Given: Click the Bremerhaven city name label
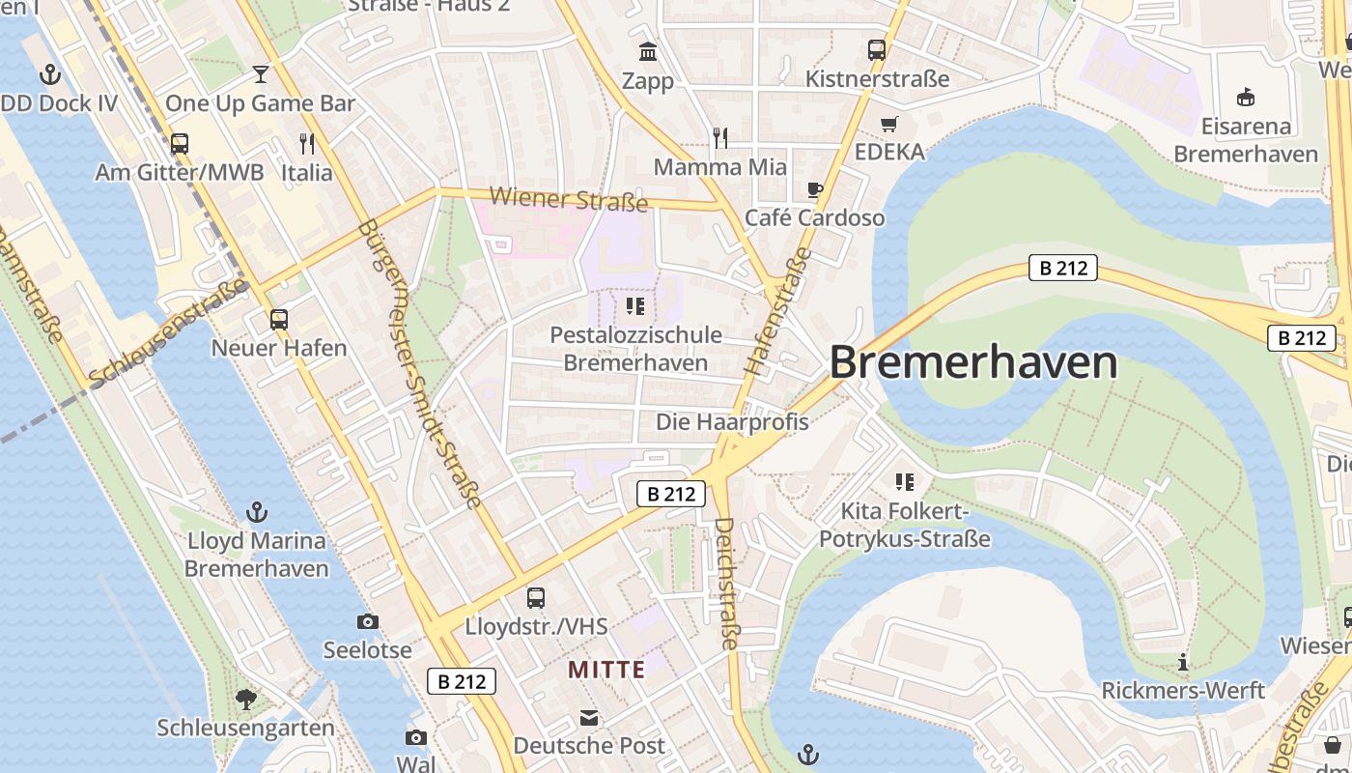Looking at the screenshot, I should coord(973,363).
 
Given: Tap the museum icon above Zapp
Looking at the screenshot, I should coord(648,50).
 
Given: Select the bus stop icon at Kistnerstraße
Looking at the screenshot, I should coord(877,49).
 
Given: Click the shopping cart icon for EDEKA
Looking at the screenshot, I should coord(889,124).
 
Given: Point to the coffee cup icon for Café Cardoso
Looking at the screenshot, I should coord(815,188).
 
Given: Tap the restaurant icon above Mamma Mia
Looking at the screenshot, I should coord(719,138).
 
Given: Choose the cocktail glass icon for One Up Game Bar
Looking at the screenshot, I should coord(260,74).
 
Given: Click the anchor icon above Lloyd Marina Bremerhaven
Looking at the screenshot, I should coord(257,511).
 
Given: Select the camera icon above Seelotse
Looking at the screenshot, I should coord(367,621).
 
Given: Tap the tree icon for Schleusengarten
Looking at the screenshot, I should coord(246,699).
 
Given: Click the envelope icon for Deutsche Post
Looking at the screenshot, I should coord(589,718).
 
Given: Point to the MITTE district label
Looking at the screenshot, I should coord(606,670).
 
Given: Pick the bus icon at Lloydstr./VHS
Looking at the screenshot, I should coord(536,597).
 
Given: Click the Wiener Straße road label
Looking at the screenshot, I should coord(569,200).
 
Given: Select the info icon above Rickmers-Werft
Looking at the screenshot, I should coord(1183,663).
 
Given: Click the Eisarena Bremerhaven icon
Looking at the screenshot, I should coord(1246,97).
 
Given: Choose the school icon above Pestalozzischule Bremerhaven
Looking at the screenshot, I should coord(634,306).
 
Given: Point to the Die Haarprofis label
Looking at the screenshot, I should coord(732,422).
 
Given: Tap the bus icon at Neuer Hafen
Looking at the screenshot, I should coord(279,319).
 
